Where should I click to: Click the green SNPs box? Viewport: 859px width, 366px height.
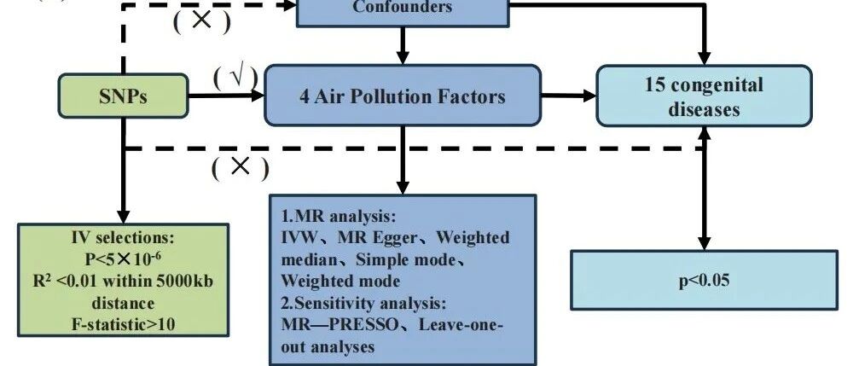tap(123, 96)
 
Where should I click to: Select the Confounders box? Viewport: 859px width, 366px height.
tap(403, 13)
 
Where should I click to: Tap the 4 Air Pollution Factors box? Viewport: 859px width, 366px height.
tap(403, 96)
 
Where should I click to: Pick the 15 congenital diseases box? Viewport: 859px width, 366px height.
tap(704, 96)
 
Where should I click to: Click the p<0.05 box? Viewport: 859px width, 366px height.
tap(704, 280)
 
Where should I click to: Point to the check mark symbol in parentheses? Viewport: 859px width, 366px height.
tap(236, 78)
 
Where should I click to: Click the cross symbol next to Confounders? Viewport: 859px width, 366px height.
tap(201, 20)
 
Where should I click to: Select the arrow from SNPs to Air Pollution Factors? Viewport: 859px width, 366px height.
tap(226, 96)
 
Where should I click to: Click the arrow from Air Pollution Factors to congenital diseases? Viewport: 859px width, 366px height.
tap(569, 96)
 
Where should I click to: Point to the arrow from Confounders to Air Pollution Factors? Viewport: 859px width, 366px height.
tap(403, 46)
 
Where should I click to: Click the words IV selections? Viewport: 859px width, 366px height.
tap(123, 238)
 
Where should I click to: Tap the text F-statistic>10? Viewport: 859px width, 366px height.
tap(123, 324)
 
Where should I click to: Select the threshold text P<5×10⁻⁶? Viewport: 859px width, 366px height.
tap(123, 258)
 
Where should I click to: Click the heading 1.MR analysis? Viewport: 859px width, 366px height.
tap(338, 217)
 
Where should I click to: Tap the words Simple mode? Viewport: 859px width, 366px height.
tap(405, 259)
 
